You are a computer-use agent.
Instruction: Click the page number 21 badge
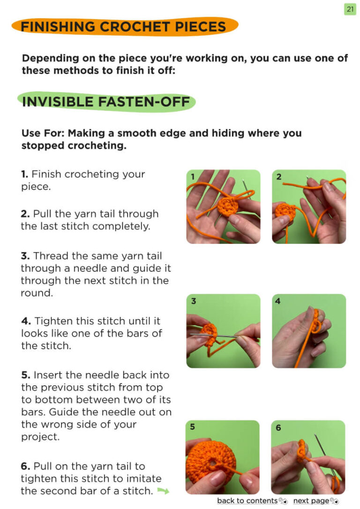point(350,9)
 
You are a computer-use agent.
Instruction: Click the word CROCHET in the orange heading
point(135,27)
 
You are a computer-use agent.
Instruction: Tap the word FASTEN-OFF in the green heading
point(144,102)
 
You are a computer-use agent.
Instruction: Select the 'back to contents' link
point(247,501)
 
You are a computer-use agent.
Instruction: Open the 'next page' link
point(311,501)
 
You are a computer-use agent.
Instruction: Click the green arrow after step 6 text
point(163,491)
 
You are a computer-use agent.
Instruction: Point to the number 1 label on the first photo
point(193,177)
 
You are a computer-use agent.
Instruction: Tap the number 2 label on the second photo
point(279,177)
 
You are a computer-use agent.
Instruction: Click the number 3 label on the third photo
point(194,301)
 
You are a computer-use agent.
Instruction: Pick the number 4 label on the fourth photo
point(278,301)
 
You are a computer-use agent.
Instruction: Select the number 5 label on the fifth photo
point(193,427)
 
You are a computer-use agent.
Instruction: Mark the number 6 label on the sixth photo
point(278,427)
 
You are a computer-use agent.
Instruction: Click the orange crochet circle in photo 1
point(228,206)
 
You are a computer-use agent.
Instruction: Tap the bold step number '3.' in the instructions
point(25,256)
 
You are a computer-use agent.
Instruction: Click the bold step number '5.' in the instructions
point(26,375)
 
